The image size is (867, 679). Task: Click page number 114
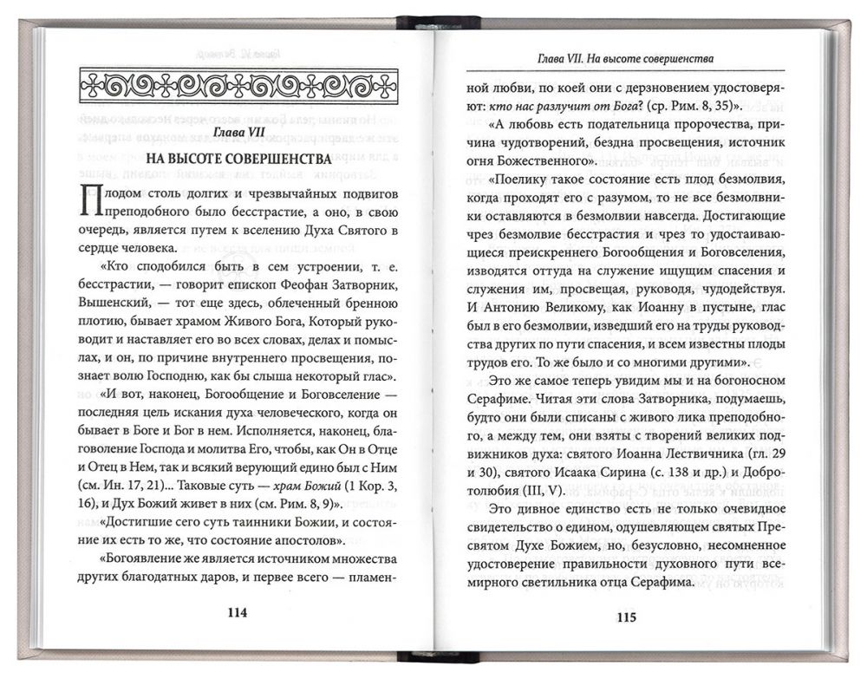coord(237,612)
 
